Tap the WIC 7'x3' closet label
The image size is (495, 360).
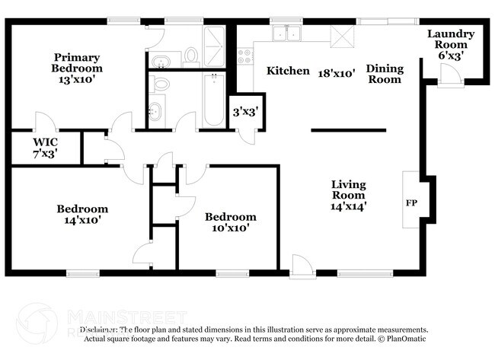pos(45,148)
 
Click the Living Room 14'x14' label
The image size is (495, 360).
pos(348,195)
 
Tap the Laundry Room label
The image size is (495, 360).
pos(451,44)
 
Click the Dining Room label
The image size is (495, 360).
pos(385,74)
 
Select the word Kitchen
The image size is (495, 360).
pos(288,71)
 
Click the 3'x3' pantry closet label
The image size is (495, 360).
pos(244,112)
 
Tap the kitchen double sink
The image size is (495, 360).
pos(289,33)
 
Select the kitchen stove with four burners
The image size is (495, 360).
pos(245,56)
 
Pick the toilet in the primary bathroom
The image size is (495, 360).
pos(191,55)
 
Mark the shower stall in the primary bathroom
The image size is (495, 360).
pos(216,41)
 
